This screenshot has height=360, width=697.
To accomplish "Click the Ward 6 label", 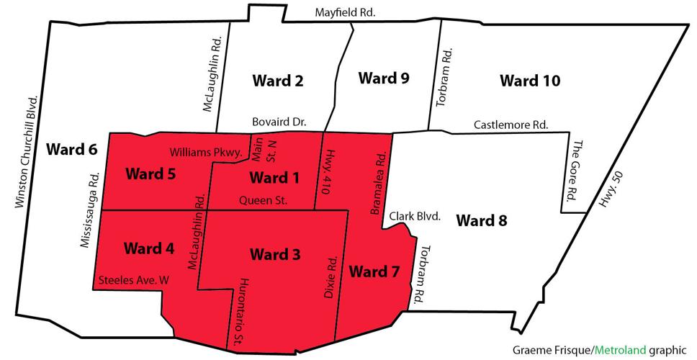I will tap(71, 150).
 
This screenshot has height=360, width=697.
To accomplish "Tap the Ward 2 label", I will tap(277, 80).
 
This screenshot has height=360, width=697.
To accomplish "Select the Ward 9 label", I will tap(384, 78).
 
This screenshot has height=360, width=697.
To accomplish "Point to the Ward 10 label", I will tap(530, 80).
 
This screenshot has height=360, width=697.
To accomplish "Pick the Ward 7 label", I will tap(374, 271).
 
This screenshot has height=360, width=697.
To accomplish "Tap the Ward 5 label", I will tap(150, 174).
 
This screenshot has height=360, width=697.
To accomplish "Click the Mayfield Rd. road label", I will tap(345, 12).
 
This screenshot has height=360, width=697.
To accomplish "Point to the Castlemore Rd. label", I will tap(511, 125).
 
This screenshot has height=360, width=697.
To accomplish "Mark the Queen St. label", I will tap(263, 200).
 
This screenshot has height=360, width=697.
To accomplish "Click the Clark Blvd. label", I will tap(414, 215).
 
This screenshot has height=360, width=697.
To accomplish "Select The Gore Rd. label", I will tap(575, 171).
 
